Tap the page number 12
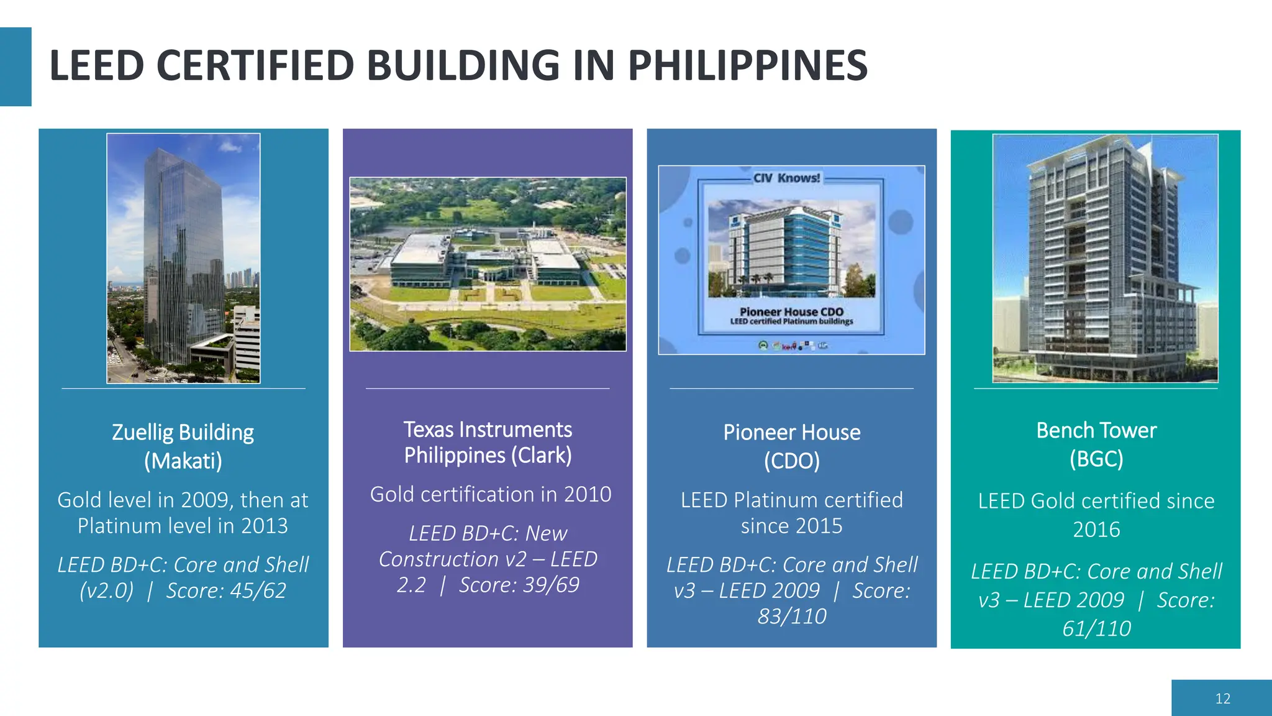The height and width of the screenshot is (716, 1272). (1222, 699)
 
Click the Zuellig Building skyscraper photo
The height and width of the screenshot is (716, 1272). (183, 258)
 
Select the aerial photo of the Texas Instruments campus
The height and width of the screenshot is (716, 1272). (488, 264)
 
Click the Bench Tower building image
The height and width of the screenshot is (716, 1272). (1105, 258)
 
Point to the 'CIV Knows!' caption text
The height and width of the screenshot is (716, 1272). (786, 178)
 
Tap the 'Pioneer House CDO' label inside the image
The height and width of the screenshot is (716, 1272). (791, 311)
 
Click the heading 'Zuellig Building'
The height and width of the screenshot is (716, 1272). (183, 433)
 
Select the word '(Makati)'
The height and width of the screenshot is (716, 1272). (183, 461)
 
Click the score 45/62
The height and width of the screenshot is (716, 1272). (258, 590)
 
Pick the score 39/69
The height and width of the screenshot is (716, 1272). (550, 585)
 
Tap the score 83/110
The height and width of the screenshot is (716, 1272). (792, 617)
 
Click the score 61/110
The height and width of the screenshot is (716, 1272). (1096, 629)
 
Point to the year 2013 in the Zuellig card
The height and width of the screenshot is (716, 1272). (264, 526)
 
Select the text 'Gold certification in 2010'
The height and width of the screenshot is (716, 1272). (491, 495)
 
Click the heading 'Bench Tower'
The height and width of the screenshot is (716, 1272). (1096, 431)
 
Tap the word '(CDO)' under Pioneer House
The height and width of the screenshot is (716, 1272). (792, 461)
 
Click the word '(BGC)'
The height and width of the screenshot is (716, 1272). (1096, 459)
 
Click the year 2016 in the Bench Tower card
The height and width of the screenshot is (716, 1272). (1096, 530)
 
